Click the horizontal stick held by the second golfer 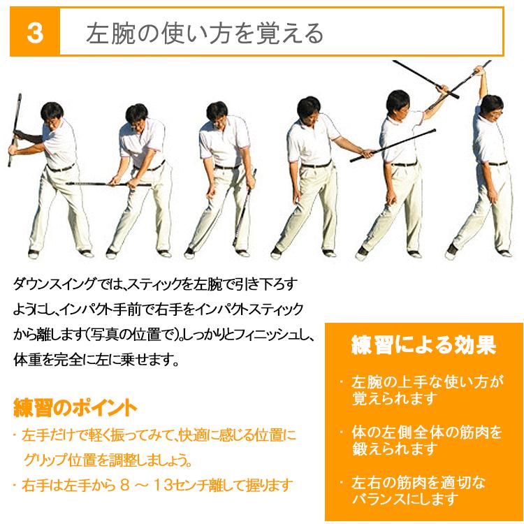tap(105, 184)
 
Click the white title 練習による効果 tap(423, 345)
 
